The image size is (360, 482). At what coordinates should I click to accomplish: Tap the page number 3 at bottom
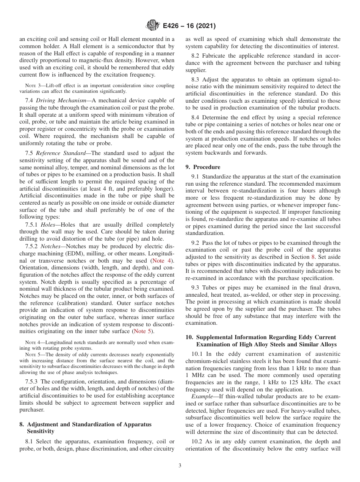pos(180,466)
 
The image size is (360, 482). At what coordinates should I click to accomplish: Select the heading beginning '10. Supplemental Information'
pos(260,337)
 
